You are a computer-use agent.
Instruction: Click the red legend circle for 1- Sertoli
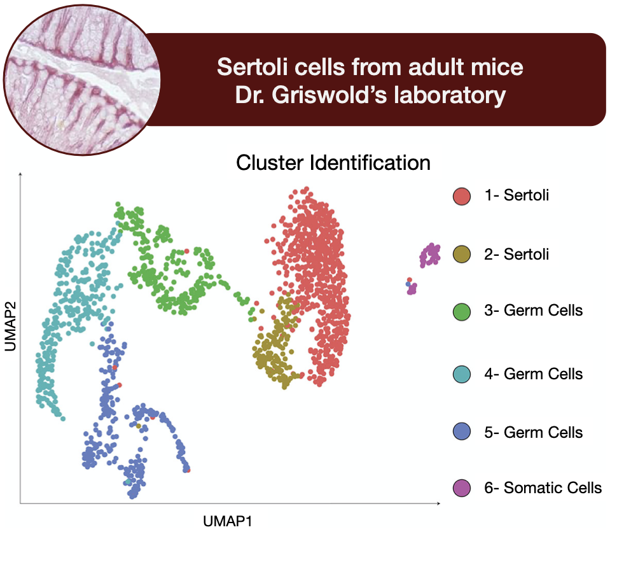pos(462,196)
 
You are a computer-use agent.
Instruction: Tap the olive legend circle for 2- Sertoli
pos(462,255)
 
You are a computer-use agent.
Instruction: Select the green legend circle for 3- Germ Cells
pos(462,311)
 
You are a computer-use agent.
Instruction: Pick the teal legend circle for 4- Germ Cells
pos(462,374)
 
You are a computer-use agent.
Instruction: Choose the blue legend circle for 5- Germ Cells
pos(462,431)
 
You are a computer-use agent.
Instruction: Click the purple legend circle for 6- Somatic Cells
pos(462,488)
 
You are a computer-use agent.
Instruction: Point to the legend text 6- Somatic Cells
pos(543,488)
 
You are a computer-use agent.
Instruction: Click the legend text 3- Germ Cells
pos(533,311)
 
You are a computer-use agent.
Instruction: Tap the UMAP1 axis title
pos(228,521)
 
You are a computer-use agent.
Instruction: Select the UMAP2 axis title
pos(11,326)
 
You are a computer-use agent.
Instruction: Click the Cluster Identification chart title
pos(333,163)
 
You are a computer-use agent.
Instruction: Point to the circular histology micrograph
pos(82,80)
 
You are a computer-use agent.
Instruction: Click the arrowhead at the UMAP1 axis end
pos(438,503)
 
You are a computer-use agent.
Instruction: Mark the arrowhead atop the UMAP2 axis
pos(20,174)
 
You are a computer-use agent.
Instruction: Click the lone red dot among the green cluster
pos(186,251)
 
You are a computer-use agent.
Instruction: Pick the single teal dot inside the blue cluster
pos(128,482)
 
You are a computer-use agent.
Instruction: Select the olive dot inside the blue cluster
pos(139,426)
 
